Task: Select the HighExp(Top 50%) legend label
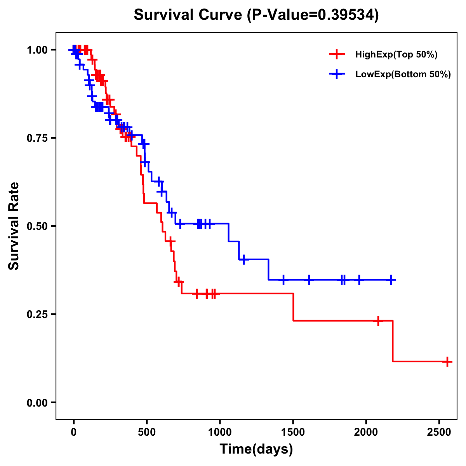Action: coord(396,55)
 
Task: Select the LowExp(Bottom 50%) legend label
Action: coord(403,75)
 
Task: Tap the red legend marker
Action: coord(337,54)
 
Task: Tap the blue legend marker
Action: coord(337,74)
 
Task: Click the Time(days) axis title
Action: coord(256,449)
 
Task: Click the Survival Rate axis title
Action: coord(14,226)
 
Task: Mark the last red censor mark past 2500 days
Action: coord(447,362)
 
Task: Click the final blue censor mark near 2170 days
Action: coord(391,280)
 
